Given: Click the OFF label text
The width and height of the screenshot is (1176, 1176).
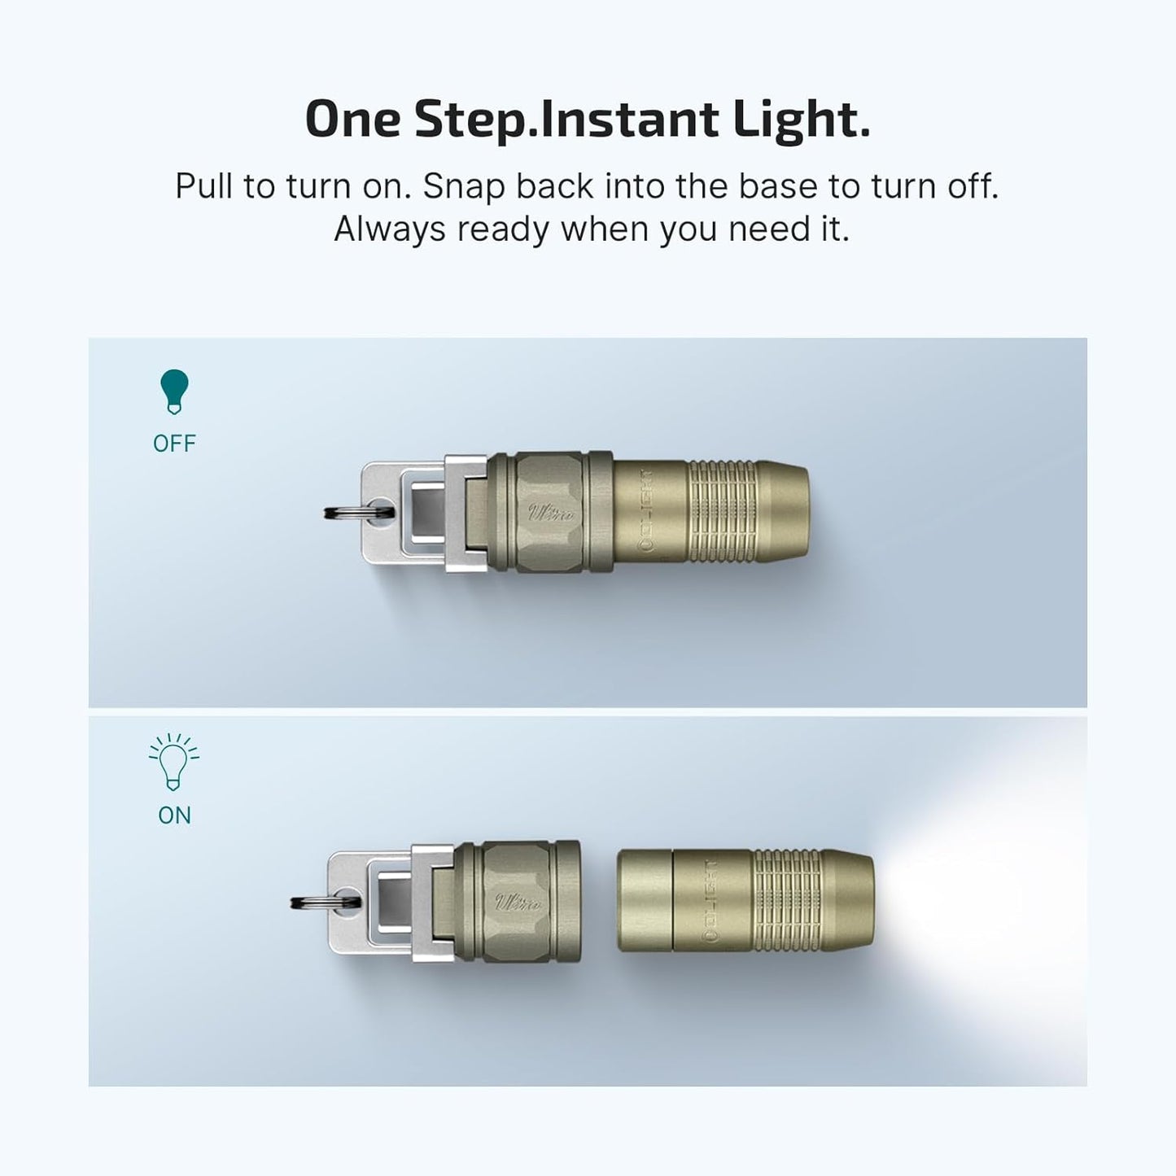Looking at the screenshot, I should coord(174,444).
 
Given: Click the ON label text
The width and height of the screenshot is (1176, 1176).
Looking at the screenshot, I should coord(174,815).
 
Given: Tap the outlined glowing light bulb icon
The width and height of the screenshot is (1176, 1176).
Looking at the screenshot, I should coord(174,763).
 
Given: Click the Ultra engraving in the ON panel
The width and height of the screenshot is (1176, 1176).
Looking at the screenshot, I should coord(518,903).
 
